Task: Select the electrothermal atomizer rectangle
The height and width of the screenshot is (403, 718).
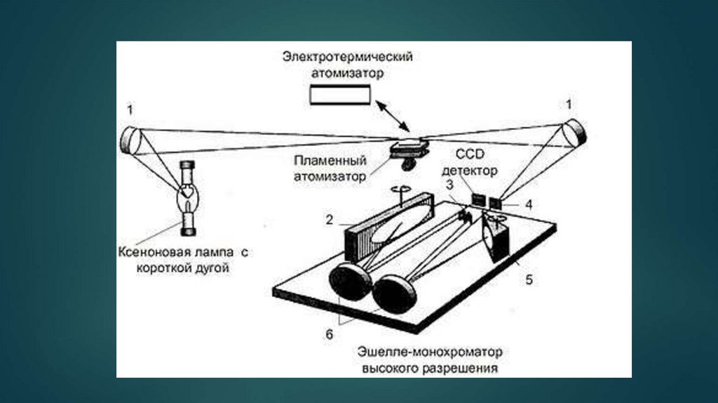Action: tap(340, 93)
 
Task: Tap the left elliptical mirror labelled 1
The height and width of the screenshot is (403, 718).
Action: tap(131, 139)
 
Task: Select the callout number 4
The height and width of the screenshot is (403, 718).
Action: tap(529, 205)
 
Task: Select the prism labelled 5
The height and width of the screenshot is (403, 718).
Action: tap(499, 239)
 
